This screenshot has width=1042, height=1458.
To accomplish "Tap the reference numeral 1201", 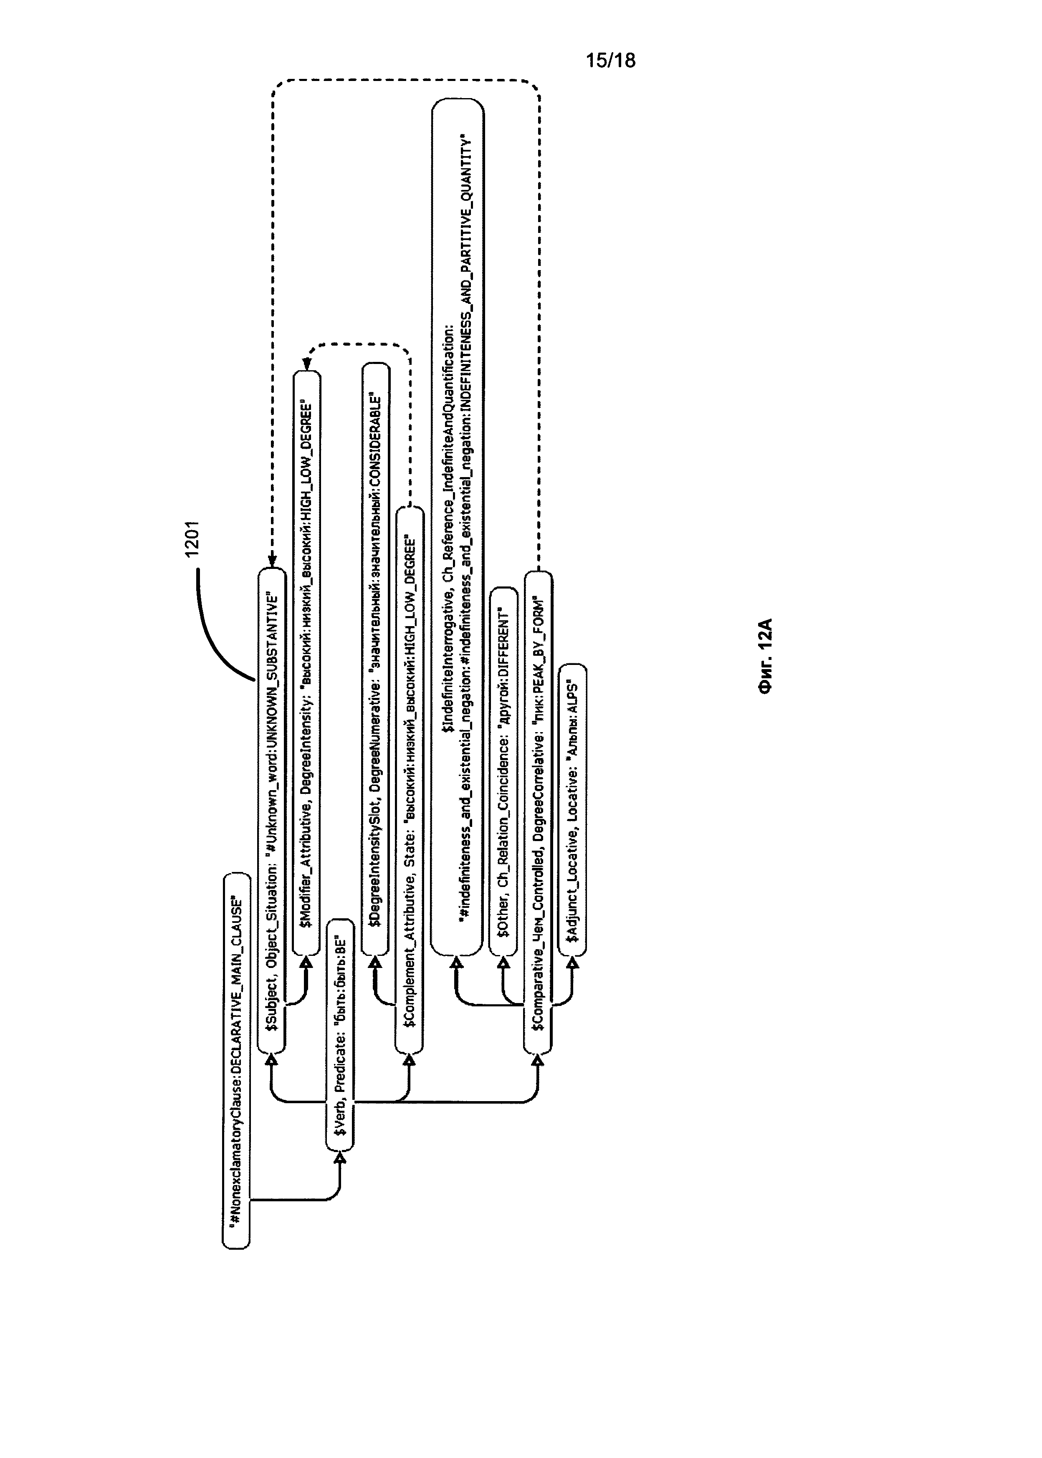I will (192, 539).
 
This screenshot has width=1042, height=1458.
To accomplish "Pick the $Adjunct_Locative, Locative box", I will (572, 808).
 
